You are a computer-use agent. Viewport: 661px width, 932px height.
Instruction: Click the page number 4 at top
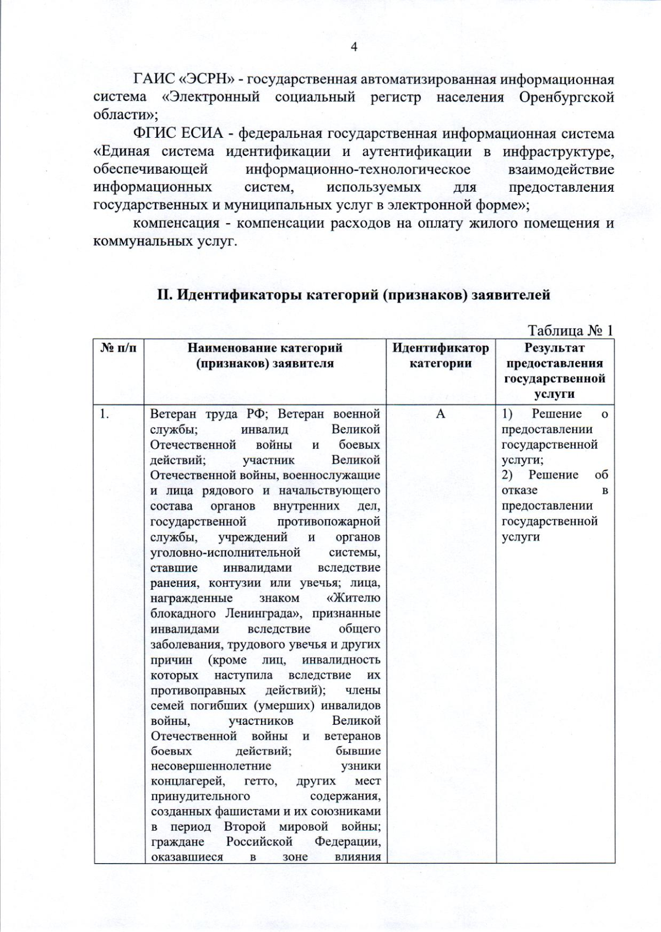354,47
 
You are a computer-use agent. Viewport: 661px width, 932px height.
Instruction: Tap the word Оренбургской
566,98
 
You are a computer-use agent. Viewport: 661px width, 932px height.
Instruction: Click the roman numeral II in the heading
165,295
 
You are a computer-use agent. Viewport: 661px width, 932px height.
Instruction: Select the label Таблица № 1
570,331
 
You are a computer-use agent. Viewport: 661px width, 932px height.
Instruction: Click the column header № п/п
118,348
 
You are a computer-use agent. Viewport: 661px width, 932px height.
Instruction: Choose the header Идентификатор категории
440,355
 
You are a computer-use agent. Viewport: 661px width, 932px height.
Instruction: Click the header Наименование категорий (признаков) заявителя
265,355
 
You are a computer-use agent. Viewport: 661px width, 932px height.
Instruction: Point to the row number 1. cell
104,414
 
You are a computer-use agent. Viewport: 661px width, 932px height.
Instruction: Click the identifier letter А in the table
440,414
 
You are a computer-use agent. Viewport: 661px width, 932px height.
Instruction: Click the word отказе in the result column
519,491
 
